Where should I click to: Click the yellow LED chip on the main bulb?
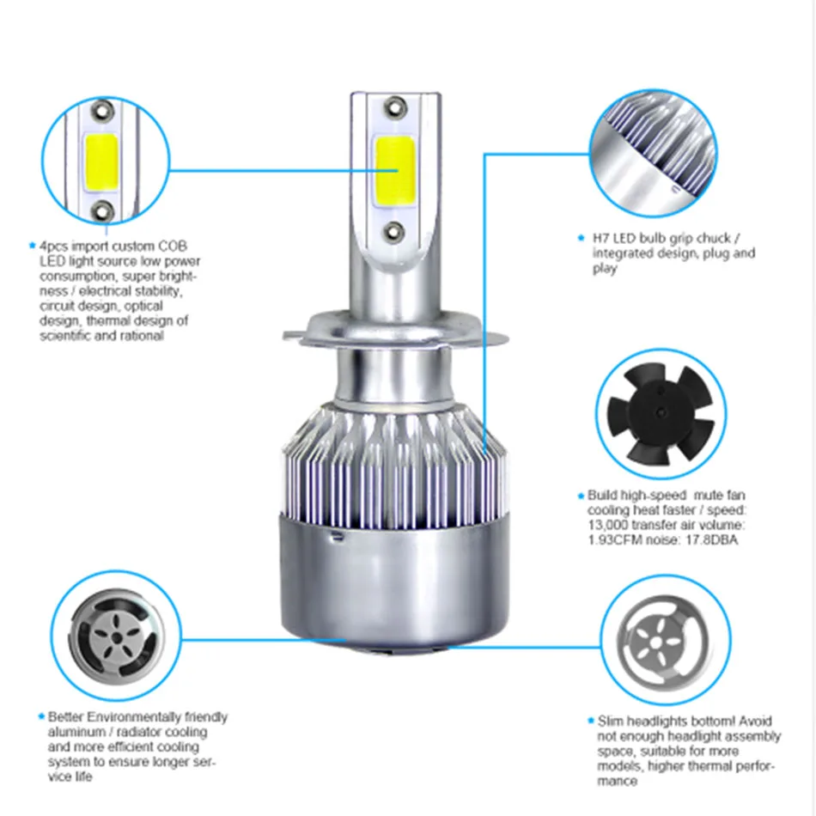tap(394, 171)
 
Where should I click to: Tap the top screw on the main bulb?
tap(395, 107)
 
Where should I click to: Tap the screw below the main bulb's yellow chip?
tap(393, 232)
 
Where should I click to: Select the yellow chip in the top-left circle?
tap(101, 161)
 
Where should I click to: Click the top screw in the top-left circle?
tap(102, 110)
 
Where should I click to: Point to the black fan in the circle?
tap(661, 414)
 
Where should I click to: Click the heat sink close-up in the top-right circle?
tap(654, 152)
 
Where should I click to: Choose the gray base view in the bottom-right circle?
tap(662, 641)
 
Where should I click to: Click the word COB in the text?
tap(173, 247)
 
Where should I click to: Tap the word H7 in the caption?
tap(600, 238)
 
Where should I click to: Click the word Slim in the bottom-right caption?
tap(610, 722)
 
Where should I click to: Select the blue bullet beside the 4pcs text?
tap(33, 245)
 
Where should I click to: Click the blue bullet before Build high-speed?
tap(581, 496)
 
